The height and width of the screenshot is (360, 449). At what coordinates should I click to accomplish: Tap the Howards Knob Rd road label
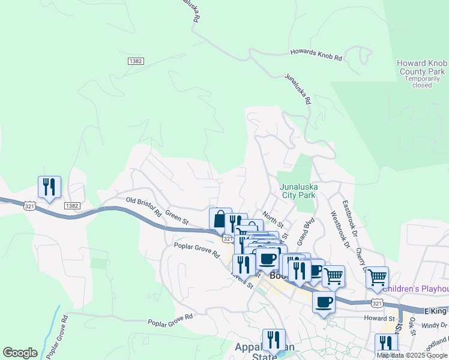316,55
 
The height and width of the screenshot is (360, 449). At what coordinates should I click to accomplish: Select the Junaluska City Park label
298,191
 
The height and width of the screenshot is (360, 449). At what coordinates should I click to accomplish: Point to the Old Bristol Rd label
144,206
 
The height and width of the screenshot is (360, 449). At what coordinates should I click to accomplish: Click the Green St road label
177,216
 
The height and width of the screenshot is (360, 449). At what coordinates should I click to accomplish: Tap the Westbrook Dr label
339,229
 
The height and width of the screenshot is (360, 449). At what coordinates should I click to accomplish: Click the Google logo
20,353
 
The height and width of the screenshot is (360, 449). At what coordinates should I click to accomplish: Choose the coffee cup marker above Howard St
324,302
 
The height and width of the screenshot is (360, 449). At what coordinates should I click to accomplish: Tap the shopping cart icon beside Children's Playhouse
377,277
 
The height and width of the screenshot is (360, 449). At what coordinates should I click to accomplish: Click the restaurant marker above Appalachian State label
274,339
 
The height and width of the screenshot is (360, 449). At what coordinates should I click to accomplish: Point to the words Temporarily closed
422,82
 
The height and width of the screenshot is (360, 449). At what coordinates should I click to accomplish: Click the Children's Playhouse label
416,289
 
